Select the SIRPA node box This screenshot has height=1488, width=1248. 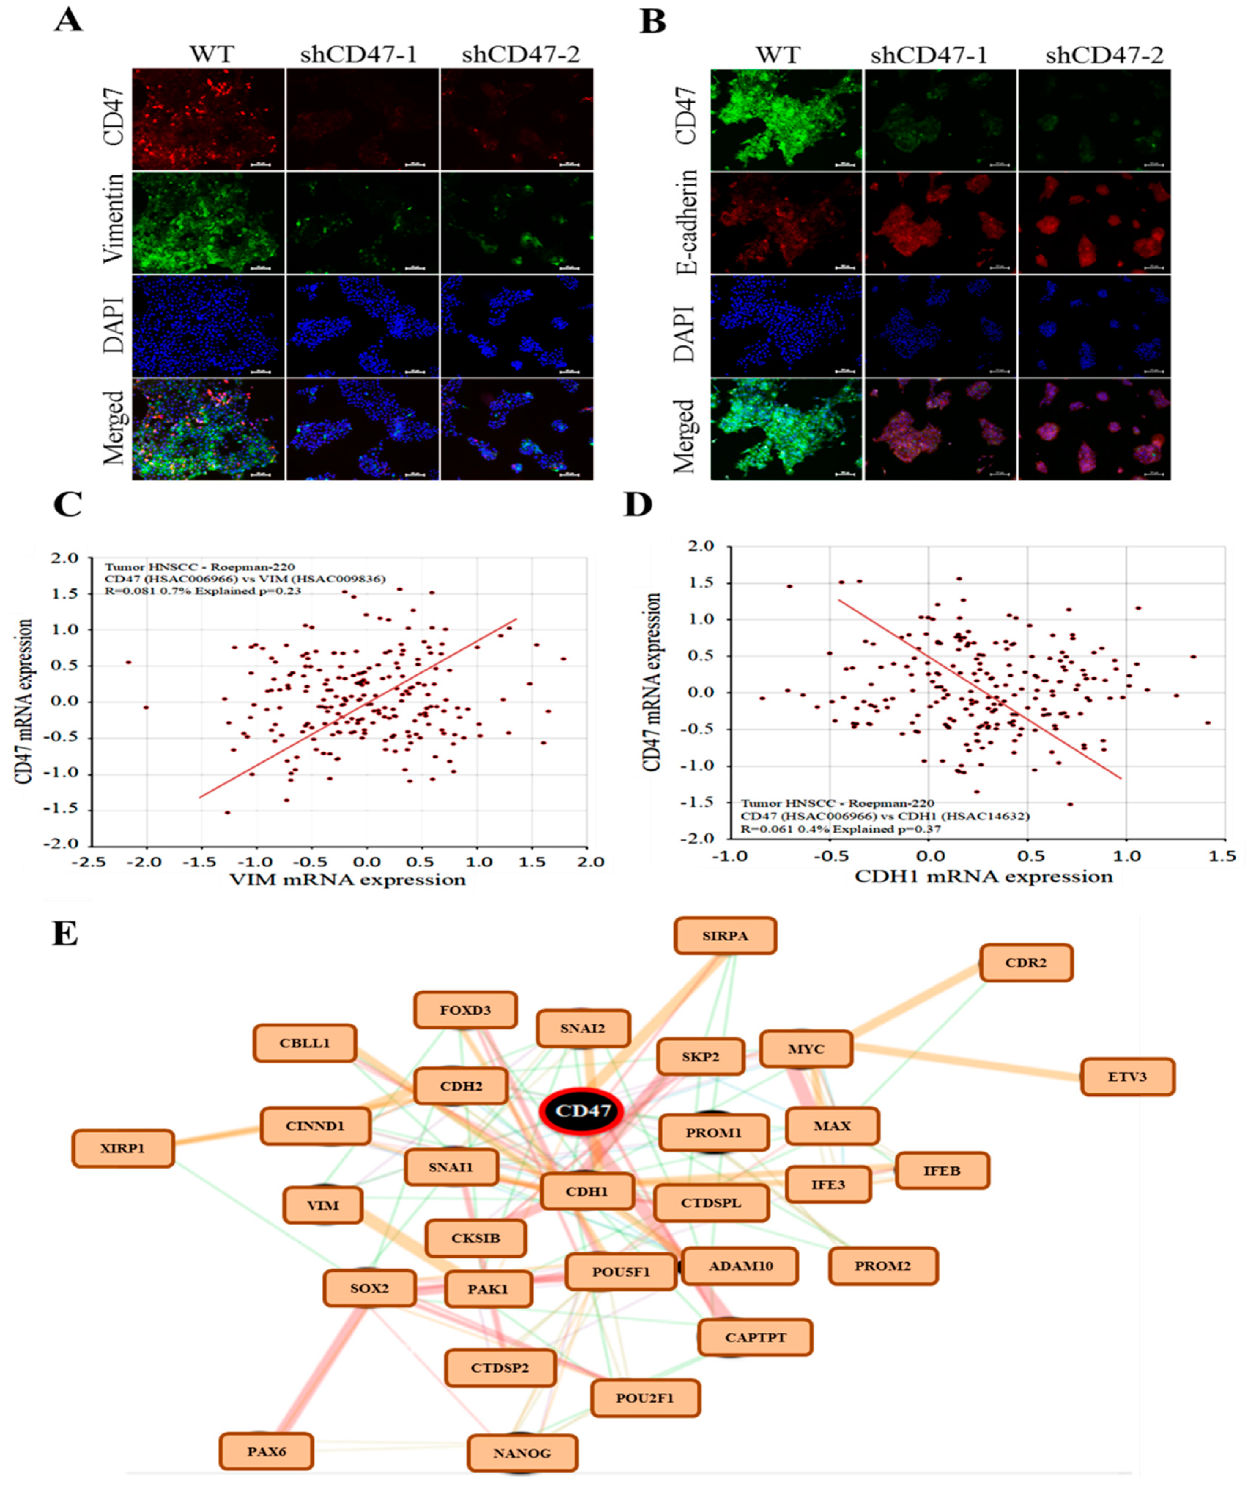click(725, 936)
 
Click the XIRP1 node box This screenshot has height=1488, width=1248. click(123, 1148)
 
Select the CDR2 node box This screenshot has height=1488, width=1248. click(1026, 963)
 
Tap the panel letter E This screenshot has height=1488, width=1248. click(65, 934)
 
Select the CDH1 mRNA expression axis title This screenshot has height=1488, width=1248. click(984, 877)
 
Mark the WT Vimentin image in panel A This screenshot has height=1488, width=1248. click(208, 222)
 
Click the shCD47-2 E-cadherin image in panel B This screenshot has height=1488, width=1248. click(1093, 222)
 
